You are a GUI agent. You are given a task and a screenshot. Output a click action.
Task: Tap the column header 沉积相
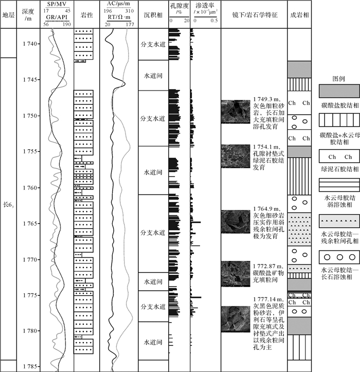click(x=153, y=14)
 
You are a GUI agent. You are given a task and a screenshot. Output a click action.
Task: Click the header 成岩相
click(x=299, y=14)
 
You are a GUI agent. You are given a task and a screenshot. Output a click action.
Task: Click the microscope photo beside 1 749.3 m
click(x=236, y=111)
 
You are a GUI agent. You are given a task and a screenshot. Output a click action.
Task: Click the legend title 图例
click(x=338, y=79)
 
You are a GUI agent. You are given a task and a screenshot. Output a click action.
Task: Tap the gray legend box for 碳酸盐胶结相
click(x=339, y=91)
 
